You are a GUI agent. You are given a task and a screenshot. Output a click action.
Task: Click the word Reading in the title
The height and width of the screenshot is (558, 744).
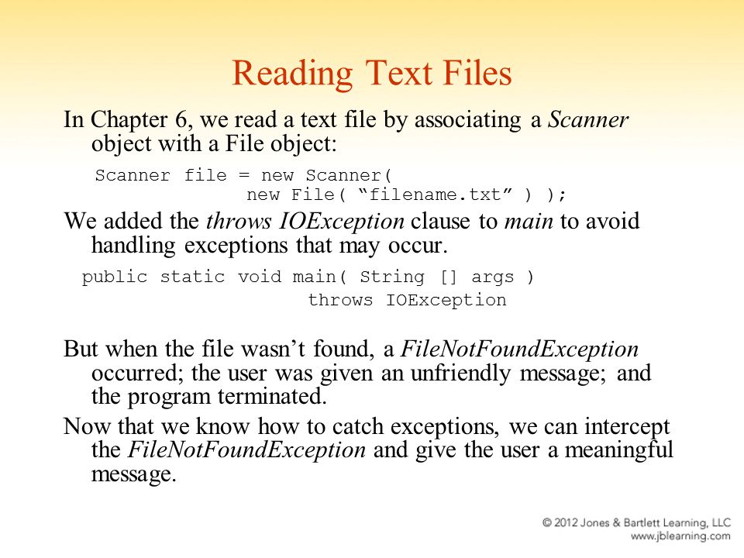pos(293,74)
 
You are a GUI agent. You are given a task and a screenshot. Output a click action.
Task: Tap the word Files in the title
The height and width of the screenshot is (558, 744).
pos(477,73)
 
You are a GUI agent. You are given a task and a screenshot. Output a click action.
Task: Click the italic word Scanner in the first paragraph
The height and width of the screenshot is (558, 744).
pos(588,119)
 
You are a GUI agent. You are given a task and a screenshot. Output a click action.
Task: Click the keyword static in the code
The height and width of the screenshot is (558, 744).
pos(192,276)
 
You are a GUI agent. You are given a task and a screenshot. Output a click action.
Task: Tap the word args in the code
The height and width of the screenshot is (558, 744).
pos(493,277)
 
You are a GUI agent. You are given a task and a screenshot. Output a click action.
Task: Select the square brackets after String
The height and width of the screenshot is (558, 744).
pos(449,276)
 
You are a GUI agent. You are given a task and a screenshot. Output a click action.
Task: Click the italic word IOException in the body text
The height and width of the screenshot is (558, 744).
pos(342,221)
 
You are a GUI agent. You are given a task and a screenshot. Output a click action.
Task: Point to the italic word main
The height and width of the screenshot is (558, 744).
pos(529,221)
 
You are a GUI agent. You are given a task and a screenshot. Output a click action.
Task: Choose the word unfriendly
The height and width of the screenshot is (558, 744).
pos(460,373)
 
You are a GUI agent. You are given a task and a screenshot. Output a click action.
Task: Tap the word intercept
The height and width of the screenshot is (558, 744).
pos(627,426)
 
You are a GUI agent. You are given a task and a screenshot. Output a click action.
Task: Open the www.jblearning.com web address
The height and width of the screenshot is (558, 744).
pos(680,536)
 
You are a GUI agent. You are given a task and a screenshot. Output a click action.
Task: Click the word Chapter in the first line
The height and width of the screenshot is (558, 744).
pos(129,119)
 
